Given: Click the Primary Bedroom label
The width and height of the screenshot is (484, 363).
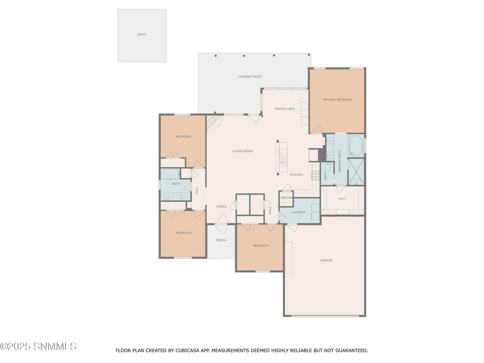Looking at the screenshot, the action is click(x=337, y=99).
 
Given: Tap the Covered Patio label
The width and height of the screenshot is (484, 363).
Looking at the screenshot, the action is click(x=250, y=77).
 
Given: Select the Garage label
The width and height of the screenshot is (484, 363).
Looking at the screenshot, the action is click(x=326, y=260).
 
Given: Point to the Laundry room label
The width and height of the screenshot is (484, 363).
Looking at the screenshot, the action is click(x=298, y=212).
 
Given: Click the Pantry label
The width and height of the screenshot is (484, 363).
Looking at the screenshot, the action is click(x=287, y=198).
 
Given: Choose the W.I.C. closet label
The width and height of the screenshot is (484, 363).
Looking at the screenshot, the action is click(x=342, y=199).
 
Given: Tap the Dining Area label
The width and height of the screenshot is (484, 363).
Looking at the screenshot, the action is click(x=285, y=109).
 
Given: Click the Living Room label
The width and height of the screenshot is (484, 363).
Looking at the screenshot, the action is click(x=242, y=151).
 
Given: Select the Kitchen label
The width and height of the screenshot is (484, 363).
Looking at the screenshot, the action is click(x=296, y=175).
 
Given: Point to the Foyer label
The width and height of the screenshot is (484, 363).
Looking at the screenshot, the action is click(x=221, y=206).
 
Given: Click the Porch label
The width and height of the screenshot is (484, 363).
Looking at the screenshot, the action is click(x=221, y=240).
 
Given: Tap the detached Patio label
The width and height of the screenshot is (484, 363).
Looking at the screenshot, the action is click(x=141, y=35).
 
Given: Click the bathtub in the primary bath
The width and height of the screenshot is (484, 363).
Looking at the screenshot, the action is click(x=356, y=146).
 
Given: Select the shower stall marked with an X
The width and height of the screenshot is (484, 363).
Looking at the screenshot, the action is click(x=356, y=172).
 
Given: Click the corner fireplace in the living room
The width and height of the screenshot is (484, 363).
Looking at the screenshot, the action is click(x=213, y=123).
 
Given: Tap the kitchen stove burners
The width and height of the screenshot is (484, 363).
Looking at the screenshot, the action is click(x=315, y=175).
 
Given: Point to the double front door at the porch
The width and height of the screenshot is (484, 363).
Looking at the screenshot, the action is click(x=221, y=224).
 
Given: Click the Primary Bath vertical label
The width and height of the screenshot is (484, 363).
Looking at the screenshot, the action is click(x=340, y=161).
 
